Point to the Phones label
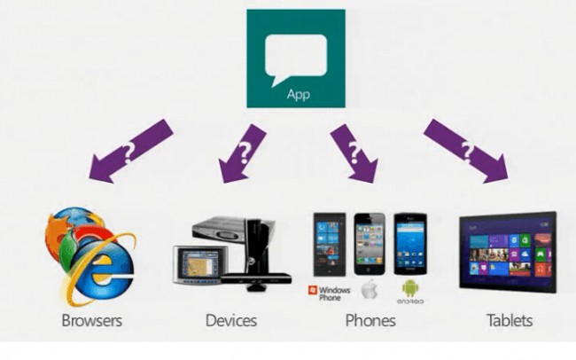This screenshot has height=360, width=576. pyautogui.click(x=371, y=318)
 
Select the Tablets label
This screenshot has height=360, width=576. pyautogui.click(x=510, y=318)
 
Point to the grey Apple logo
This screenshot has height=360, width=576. pyautogui.click(x=370, y=289)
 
